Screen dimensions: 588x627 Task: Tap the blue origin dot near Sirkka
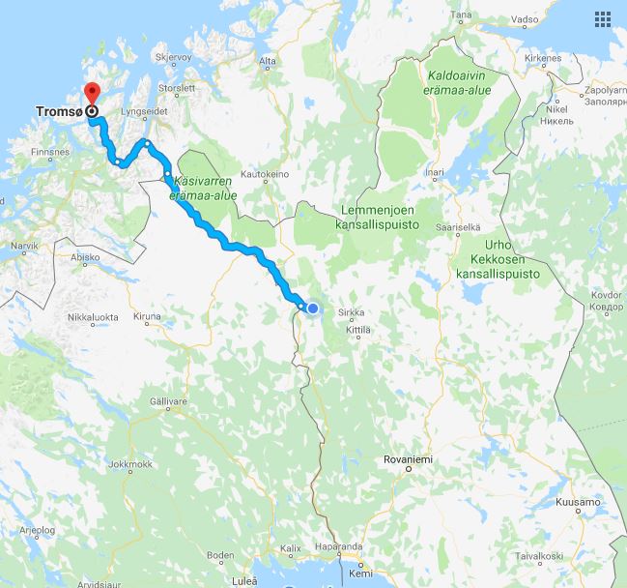[x=312, y=309]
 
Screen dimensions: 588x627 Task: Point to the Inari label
[x=435, y=174]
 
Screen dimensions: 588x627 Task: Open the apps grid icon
[x=603, y=19]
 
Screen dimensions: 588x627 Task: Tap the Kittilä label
[x=357, y=330]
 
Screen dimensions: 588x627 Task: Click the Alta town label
[x=268, y=62]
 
